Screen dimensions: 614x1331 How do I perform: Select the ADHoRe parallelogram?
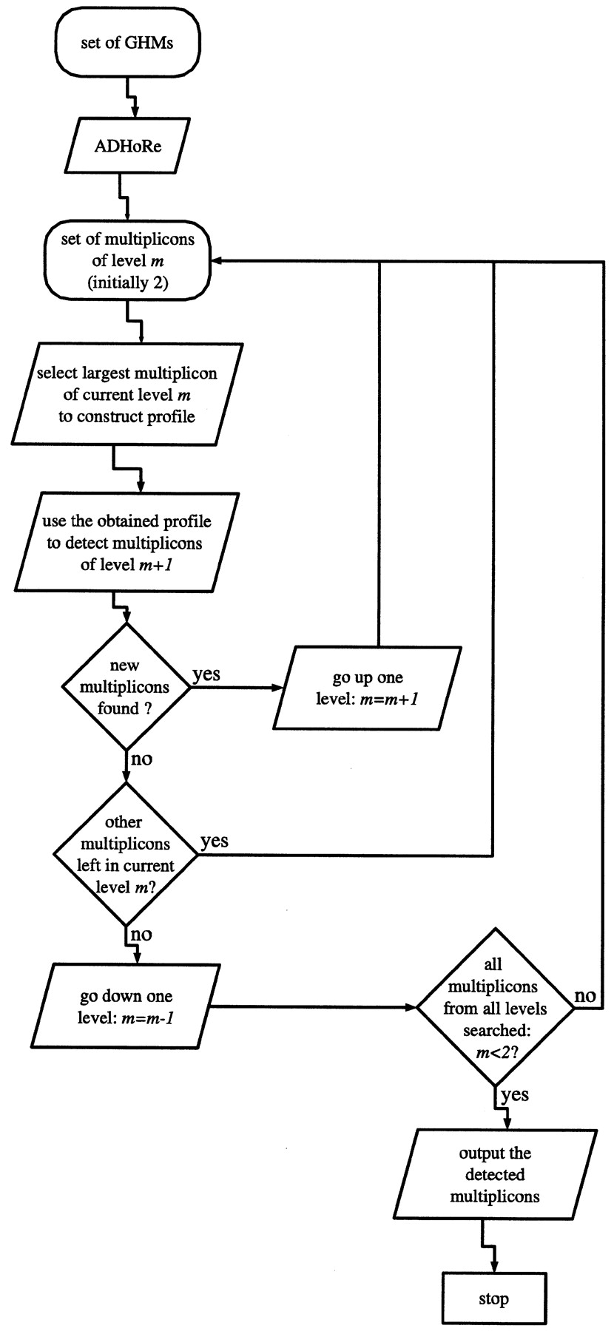coord(127,145)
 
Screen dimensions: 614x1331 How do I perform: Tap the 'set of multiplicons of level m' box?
coord(127,261)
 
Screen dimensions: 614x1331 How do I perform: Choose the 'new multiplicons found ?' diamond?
coord(125,687)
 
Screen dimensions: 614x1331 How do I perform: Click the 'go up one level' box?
coord(367,688)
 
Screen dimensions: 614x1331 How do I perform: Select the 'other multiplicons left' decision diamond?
coord(125,854)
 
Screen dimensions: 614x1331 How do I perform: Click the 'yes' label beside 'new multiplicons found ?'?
coord(206,674)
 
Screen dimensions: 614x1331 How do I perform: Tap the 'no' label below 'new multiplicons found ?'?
coord(141,760)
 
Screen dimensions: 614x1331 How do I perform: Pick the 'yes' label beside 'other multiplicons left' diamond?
coord(215,841)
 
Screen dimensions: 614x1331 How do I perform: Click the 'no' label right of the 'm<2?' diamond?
coord(585,996)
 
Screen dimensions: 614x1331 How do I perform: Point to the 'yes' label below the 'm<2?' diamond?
coord(515,1094)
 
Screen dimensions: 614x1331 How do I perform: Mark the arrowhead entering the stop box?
coord(493,1267)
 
